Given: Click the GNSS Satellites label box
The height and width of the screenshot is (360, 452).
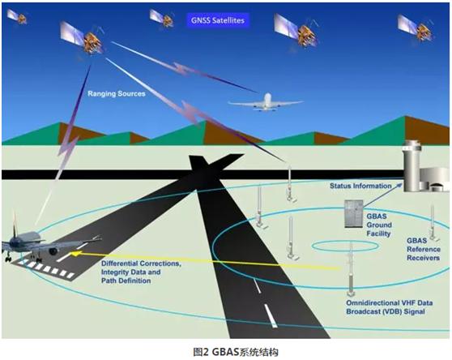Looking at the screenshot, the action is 218,20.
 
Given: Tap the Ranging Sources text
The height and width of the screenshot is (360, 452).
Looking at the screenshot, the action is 117,94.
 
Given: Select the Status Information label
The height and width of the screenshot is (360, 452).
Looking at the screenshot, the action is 360,186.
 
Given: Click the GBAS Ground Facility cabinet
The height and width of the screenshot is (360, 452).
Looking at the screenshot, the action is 354,214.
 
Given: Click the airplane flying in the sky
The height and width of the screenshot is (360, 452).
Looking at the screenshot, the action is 266,102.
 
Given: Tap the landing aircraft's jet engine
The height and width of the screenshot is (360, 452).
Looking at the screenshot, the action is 53,251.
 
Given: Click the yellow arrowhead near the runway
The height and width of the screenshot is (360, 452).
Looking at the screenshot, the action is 75,254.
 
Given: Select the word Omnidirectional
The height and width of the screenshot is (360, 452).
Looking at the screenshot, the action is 369,303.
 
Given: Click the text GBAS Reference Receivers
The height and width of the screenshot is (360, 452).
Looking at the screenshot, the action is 424,249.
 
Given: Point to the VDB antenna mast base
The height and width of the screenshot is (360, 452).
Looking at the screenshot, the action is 351,294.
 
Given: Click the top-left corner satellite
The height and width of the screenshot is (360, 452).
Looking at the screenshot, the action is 17,17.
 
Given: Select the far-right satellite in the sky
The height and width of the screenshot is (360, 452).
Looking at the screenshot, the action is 416,28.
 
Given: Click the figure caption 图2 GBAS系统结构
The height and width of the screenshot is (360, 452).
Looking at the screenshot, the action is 236,352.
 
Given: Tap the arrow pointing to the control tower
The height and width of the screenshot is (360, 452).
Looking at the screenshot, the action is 382,195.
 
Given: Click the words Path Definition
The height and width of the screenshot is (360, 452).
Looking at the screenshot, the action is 126,281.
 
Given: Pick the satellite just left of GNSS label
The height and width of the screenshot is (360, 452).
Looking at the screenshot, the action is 161,18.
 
